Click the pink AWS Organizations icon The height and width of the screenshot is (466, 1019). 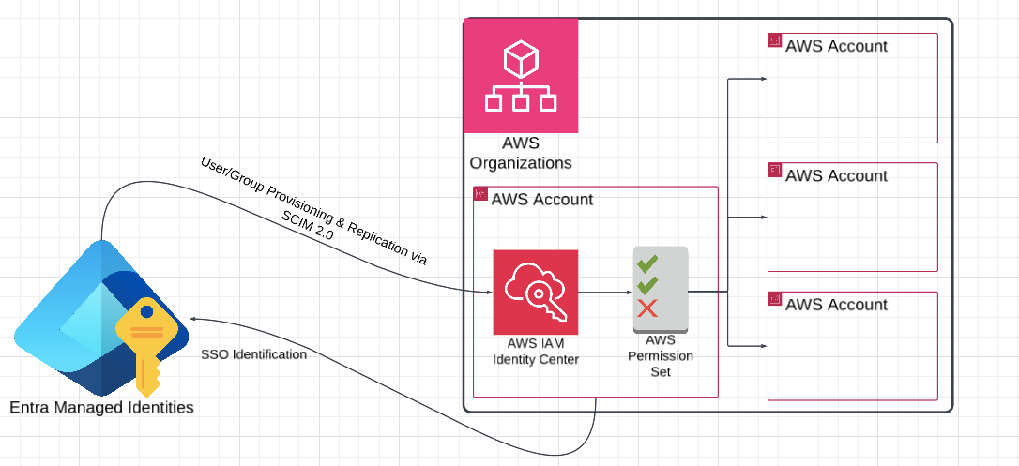pyautogui.click(x=521, y=76)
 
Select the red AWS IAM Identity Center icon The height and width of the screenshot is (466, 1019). pyautogui.click(x=536, y=292)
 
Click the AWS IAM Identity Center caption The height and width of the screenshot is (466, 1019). pyautogui.click(x=536, y=352)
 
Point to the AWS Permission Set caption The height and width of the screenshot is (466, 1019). pyautogui.click(x=660, y=356)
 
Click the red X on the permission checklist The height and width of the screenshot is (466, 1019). pyautogui.click(x=646, y=309)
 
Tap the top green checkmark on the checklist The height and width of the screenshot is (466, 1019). pyautogui.click(x=646, y=263)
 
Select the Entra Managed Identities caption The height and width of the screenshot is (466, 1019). pyautogui.click(x=101, y=407)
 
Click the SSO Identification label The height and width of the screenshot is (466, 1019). pyautogui.click(x=253, y=354)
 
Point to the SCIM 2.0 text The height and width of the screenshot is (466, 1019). pyautogui.click(x=308, y=226)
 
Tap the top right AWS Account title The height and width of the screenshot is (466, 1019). pyautogui.click(x=836, y=46)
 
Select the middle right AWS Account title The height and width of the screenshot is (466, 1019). pyautogui.click(x=836, y=175)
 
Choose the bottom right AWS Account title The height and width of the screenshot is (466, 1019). pyautogui.click(x=836, y=305)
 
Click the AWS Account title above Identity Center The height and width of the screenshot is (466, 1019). pyautogui.click(x=542, y=199)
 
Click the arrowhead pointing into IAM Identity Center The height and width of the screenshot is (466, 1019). pyautogui.click(x=488, y=292)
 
